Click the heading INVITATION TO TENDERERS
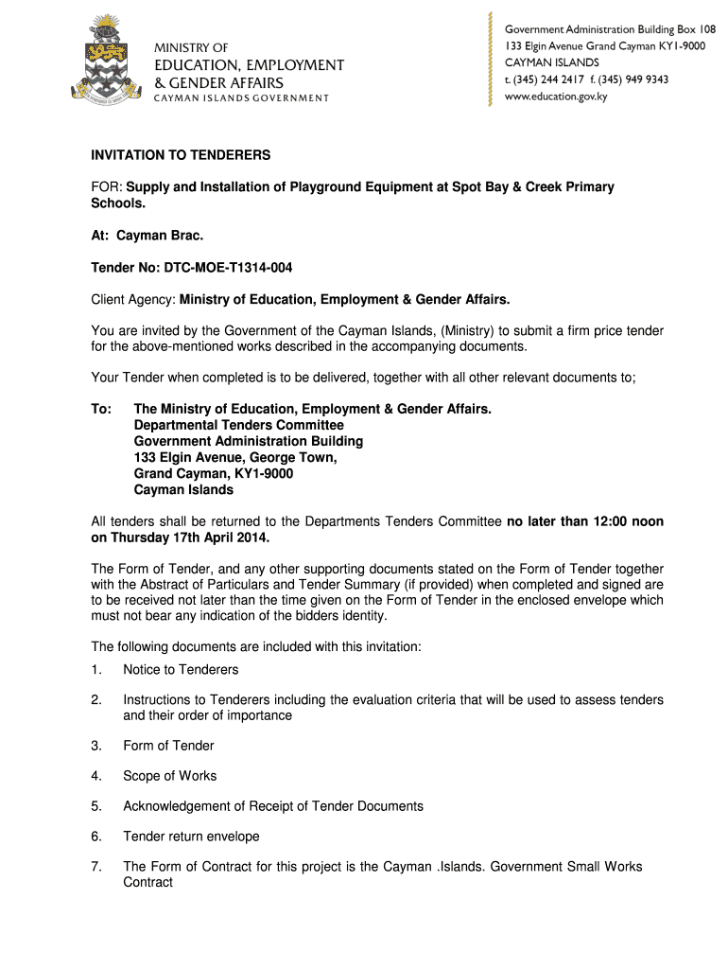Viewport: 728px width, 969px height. coord(181,155)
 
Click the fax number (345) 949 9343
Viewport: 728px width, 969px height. coord(633,79)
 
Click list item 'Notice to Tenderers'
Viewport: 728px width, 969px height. coord(181,670)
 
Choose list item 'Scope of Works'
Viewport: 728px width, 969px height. coord(170,776)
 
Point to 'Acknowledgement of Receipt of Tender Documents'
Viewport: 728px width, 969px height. coord(273,806)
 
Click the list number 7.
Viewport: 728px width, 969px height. coord(95,867)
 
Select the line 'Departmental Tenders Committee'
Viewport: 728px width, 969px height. coord(238,425)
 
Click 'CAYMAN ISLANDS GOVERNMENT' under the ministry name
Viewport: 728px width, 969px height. coord(241,98)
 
